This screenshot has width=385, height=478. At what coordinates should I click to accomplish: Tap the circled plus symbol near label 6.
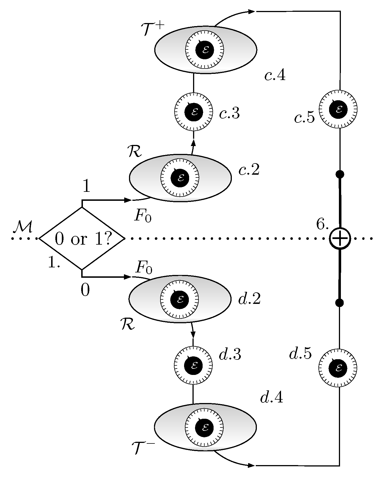[340, 239]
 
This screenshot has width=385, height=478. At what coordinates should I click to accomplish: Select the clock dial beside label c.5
[338, 109]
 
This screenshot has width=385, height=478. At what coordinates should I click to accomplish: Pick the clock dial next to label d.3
[194, 365]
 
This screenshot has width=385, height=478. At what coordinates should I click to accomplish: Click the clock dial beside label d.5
[338, 368]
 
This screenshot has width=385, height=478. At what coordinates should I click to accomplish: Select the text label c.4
[275, 75]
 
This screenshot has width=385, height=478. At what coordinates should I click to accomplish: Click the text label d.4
[271, 397]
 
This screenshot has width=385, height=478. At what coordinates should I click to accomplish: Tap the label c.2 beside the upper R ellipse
[249, 170]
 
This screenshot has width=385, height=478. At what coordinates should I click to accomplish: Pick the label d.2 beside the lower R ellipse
[249, 299]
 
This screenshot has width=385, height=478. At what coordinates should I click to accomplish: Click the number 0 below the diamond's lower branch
[85, 290]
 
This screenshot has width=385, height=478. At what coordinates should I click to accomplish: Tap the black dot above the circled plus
[340, 174]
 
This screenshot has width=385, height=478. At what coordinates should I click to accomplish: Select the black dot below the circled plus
[340, 303]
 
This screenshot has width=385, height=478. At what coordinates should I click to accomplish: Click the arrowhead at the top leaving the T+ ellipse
[251, 12]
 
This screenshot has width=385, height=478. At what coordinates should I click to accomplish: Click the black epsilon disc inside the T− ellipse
[205, 427]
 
